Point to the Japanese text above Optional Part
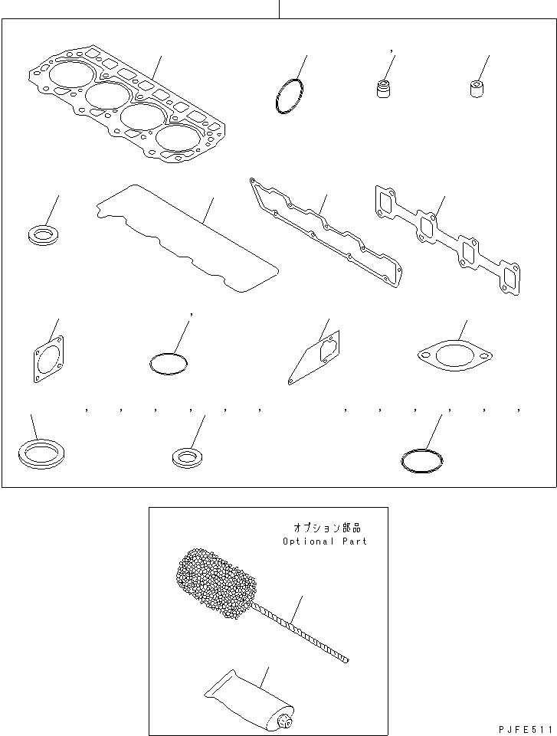coord(326,528)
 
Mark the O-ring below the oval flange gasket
coord(422,460)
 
